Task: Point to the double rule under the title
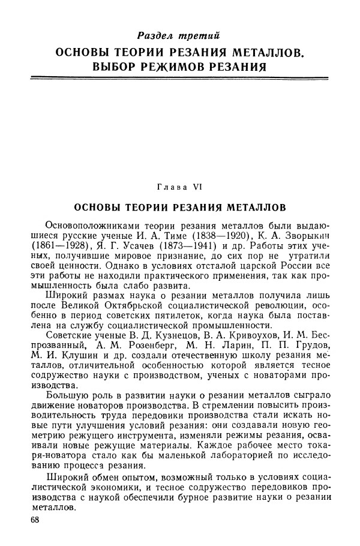click(x=179, y=77)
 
